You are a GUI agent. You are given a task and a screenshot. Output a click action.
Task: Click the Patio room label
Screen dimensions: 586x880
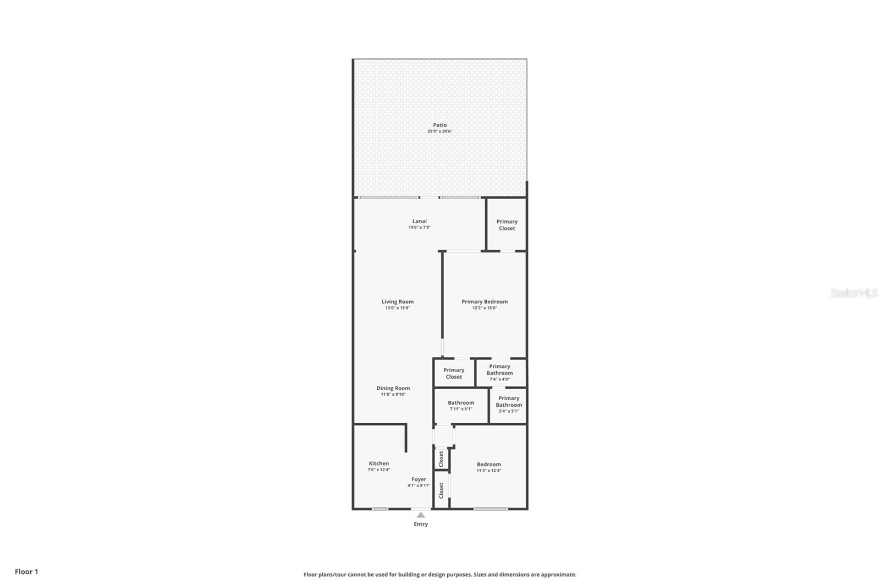(x=439, y=125)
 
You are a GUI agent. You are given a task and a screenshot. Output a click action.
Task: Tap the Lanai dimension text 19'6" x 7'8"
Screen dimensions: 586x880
(x=419, y=228)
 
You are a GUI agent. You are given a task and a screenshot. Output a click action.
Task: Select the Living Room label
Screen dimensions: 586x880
(x=397, y=302)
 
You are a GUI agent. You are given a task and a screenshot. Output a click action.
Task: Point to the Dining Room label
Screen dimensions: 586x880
(x=393, y=388)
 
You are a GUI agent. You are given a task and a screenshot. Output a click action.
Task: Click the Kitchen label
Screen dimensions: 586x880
(x=378, y=463)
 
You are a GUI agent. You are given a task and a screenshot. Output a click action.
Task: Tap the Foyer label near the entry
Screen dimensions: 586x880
(x=419, y=479)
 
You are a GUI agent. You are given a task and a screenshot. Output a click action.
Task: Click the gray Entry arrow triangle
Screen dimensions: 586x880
(x=421, y=515)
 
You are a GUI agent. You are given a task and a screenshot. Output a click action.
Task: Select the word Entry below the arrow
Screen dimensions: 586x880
(x=421, y=524)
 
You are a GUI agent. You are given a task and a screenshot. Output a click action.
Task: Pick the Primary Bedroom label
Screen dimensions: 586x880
(x=484, y=302)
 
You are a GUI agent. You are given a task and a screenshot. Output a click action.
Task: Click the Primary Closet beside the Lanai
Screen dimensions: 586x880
(x=507, y=225)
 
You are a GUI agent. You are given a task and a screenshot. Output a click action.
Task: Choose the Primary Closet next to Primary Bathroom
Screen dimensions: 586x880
(x=454, y=373)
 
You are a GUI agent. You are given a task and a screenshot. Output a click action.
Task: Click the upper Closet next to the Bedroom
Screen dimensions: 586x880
(x=441, y=459)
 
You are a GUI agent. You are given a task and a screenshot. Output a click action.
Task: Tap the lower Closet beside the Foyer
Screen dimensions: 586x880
(x=441, y=490)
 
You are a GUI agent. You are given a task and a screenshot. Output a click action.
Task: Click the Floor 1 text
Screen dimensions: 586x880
(x=26, y=572)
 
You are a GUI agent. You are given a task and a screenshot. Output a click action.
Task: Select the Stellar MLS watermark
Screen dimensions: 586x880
(x=854, y=294)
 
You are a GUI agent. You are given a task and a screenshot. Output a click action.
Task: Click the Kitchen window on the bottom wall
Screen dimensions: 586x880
(x=380, y=509)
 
